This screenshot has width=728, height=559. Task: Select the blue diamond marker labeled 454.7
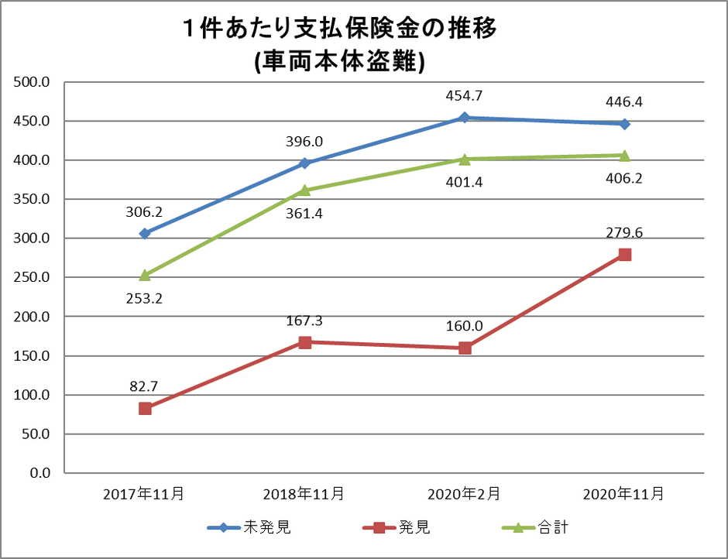pyautogui.click(x=465, y=118)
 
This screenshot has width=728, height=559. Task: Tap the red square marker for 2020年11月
pyautogui.click(x=624, y=255)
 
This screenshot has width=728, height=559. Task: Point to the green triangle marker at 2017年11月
pyautogui.click(x=145, y=275)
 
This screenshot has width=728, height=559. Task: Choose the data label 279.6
pyautogui.click(x=624, y=231)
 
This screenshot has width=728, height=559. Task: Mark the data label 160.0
pyautogui.click(x=465, y=326)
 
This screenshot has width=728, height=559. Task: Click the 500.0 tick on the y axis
pyautogui.click(x=32, y=82)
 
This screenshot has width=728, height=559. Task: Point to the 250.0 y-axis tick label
pyautogui.click(x=32, y=278)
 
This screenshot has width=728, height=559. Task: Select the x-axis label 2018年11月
pyautogui.click(x=304, y=493)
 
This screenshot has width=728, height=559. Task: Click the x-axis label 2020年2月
pyautogui.click(x=465, y=493)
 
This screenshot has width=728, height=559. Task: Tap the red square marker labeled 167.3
pyautogui.click(x=305, y=342)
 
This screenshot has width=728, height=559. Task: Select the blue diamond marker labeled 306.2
pyautogui.click(x=145, y=233)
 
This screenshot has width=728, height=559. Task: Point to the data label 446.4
pyautogui.click(x=624, y=101)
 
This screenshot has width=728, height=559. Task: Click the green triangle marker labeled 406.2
pyautogui.click(x=624, y=155)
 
